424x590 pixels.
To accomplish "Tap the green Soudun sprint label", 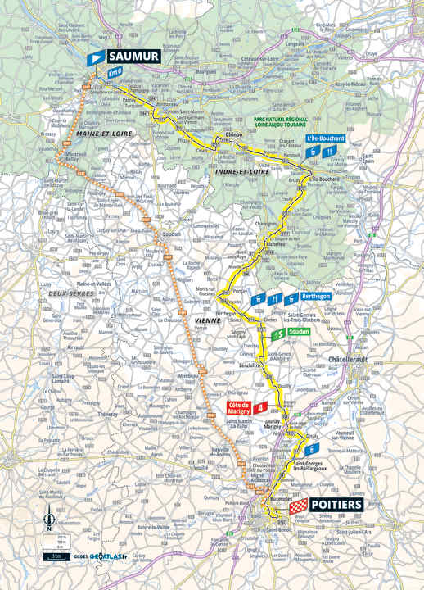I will click(299, 332).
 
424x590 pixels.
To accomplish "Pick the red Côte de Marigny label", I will click(237, 406).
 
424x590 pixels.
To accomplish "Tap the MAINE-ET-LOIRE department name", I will click(102, 133).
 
